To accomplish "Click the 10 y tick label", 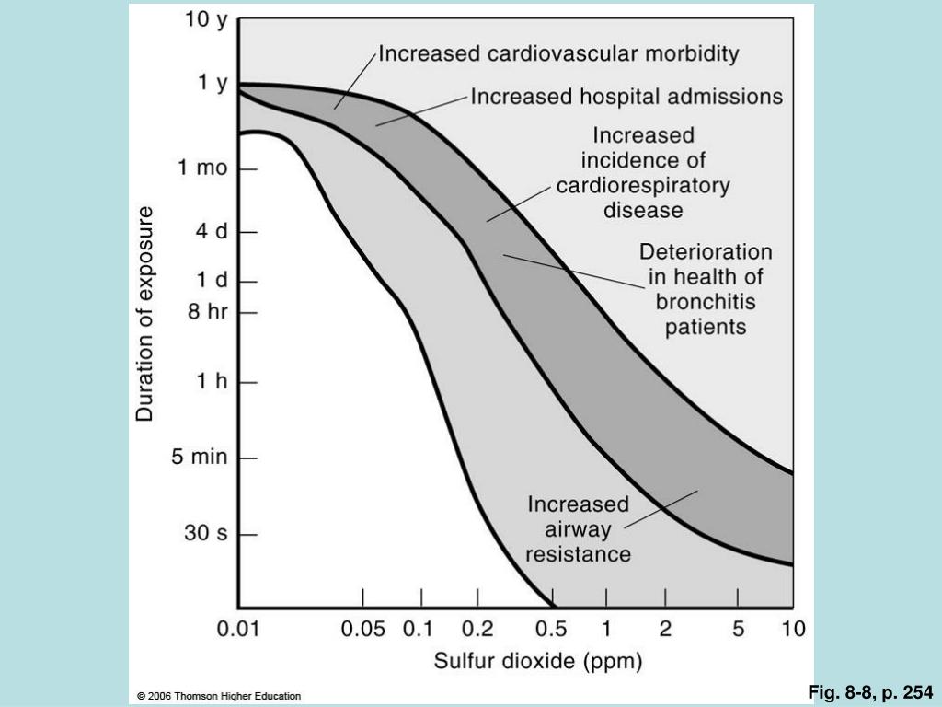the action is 206,20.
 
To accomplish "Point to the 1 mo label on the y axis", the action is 202,168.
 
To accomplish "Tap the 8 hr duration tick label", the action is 208,311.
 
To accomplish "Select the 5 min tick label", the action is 200,457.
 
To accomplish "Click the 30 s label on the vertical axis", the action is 206,533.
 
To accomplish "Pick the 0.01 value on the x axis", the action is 238,629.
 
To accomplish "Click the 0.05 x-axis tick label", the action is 362,629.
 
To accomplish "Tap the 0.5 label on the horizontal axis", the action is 551,629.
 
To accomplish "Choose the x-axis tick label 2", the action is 665,629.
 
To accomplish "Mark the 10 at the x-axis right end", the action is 793,629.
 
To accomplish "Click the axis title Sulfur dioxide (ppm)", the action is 538,661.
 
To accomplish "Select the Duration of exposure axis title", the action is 144,314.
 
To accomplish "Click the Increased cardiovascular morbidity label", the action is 558,54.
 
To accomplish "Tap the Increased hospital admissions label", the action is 626,97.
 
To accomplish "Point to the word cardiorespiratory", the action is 643,186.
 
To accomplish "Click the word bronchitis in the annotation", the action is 706,302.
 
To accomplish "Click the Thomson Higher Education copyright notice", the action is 219,696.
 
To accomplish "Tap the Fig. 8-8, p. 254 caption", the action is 870,692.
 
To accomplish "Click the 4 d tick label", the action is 213,231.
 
